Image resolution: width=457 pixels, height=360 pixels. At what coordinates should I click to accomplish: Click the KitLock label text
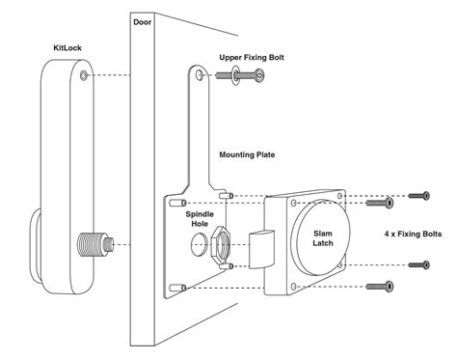pos(67,48)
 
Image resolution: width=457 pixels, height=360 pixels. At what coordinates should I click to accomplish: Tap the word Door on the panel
pos(142,22)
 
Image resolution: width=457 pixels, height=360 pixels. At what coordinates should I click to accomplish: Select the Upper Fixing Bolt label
pos(252,58)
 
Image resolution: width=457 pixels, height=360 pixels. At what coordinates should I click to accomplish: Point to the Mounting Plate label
pos(247,154)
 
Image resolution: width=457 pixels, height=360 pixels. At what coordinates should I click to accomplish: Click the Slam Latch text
pos(323,238)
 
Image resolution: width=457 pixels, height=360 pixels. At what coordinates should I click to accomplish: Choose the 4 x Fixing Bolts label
pos(413,234)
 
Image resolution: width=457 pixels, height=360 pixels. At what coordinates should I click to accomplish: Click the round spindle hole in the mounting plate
pos(200,244)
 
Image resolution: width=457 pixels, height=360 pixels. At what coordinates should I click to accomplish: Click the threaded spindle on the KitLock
pos(95,244)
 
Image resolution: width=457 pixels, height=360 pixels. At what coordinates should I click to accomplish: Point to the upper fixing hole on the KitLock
pos(84,75)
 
